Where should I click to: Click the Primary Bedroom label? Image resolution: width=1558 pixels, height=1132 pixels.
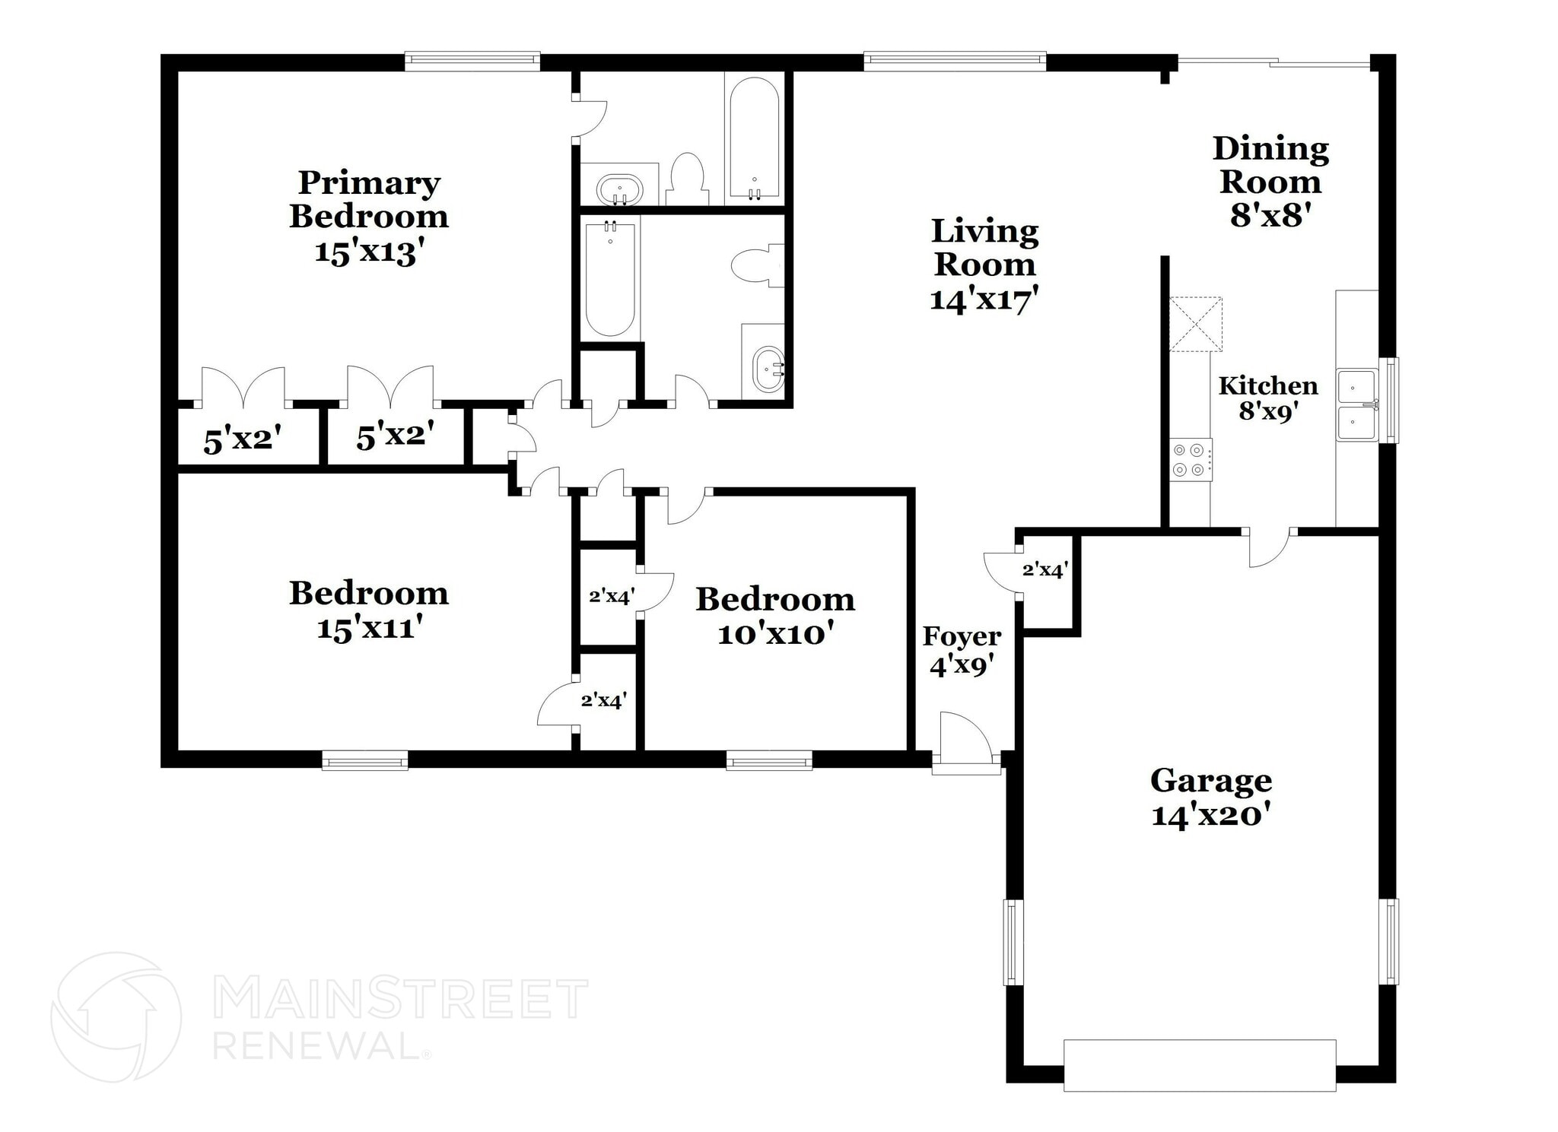pos(369,216)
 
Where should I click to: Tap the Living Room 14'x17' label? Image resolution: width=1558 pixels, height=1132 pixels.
pos(984,265)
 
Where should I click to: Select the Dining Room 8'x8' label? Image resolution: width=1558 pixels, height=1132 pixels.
pos(1270,182)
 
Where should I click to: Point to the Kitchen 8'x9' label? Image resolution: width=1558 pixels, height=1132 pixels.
pos(1268,398)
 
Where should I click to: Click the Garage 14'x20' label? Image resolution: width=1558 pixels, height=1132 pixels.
pos(1211,797)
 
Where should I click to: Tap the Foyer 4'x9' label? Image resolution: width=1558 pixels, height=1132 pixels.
pos(962,651)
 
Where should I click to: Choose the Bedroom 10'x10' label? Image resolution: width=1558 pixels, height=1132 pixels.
pos(775,616)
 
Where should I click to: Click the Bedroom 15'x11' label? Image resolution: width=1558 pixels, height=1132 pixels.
pos(369,610)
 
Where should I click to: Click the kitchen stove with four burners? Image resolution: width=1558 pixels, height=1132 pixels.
pos(1191,460)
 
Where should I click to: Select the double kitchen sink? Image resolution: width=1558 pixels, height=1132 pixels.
pos(1357,404)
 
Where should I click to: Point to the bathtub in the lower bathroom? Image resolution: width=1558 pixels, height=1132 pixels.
pos(610,277)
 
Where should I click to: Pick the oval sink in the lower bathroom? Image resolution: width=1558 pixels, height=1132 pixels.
pos(767,370)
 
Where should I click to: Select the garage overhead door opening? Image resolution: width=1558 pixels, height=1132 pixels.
pos(1199,1065)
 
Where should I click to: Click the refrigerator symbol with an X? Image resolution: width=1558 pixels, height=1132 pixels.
pos(1196,325)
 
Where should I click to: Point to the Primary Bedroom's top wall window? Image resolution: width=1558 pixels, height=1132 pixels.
pos(472,61)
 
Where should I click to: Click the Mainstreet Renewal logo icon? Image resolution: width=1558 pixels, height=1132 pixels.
pos(116,1016)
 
